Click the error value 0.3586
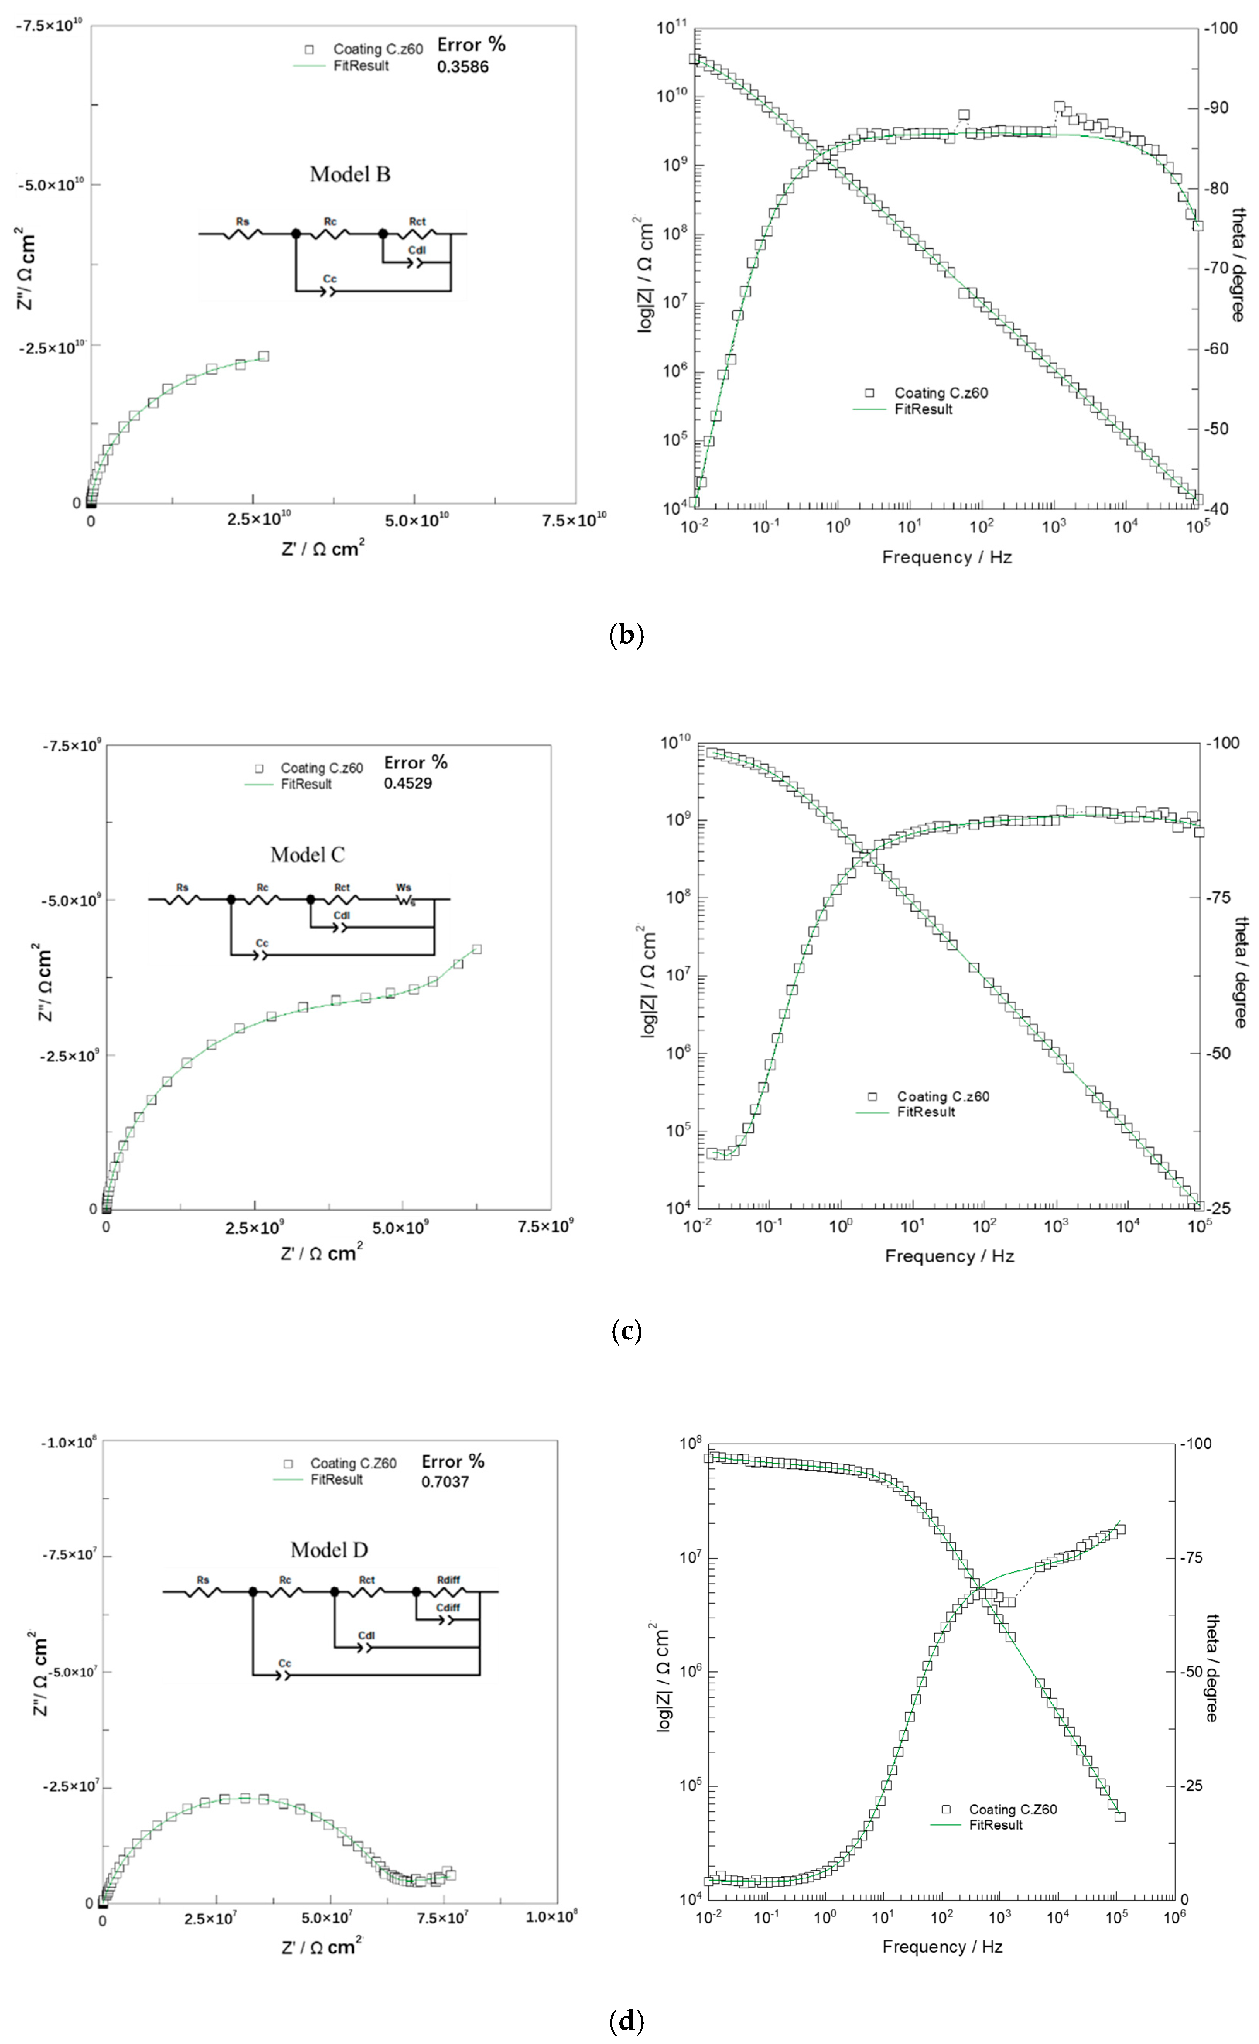(x=462, y=67)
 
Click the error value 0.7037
(x=445, y=1482)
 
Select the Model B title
(x=350, y=174)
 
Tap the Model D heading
(x=329, y=1550)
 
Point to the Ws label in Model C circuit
(x=404, y=888)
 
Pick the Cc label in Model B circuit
(x=330, y=279)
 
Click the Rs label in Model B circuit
(x=242, y=221)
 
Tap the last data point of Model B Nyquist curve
(x=263, y=356)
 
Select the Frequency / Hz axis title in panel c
(x=949, y=1255)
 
